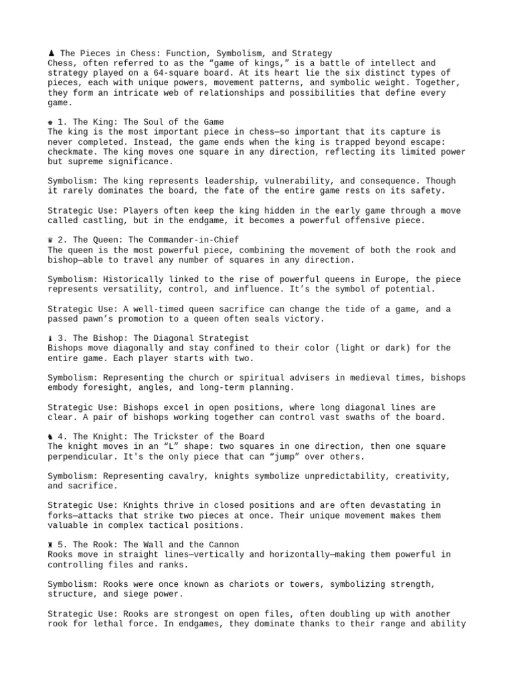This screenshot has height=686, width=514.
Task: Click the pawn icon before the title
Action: tap(51, 53)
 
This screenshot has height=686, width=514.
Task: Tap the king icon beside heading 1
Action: tap(51, 122)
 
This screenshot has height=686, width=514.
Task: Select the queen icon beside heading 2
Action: tap(51, 240)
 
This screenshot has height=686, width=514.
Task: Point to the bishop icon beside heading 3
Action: tap(51, 338)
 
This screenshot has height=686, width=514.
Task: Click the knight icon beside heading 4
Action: tap(51, 436)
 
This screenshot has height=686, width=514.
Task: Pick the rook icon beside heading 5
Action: tap(51, 545)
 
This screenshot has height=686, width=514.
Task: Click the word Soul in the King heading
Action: tap(141, 122)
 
